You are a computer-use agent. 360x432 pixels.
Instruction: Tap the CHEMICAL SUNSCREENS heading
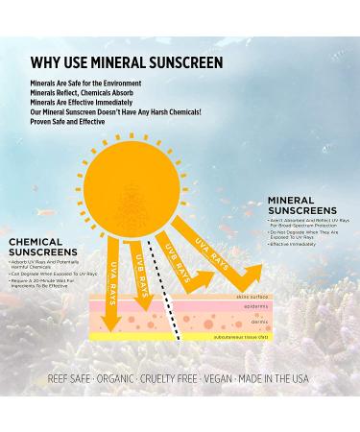point(50,248)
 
